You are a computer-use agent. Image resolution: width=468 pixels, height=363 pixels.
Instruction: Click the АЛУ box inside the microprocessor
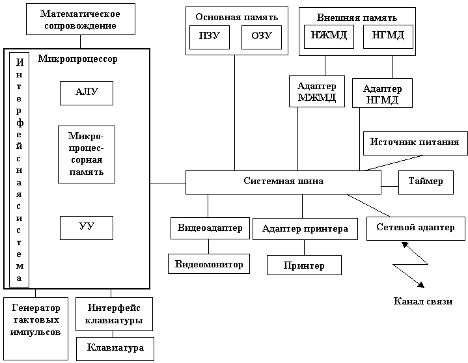pyautogui.click(x=87, y=94)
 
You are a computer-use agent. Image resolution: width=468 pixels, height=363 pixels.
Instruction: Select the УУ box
pyautogui.click(x=87, y=228)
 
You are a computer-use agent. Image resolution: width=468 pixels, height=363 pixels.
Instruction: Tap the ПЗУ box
pyautogui.click(x=210, y=37)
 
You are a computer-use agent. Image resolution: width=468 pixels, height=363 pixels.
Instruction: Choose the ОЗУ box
pyautogui.click(x=262, y=37)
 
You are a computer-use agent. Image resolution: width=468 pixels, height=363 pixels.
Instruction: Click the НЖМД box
pyautogui.click(x=329, y=36)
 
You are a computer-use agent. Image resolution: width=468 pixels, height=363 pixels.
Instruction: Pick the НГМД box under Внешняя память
pyautogui.click(x=388, y=36)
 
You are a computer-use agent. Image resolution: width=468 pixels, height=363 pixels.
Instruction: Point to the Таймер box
pyautogui.click(x=426, y=182)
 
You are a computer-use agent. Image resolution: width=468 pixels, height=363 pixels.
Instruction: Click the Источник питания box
pyautogui.click(x=415, y=144)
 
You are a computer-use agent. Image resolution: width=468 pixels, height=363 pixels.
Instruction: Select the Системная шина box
pyautogui.click(x=284, y=182)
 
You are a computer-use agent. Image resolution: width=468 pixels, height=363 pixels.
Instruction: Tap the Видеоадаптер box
pyautogui.click(x=210, y=228)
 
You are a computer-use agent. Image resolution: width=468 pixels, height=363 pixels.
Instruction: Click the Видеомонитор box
pyautogui.click(x=209, y=263)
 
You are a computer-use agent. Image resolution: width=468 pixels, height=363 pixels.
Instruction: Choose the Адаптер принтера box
pyautogui.click(x=305, y=229)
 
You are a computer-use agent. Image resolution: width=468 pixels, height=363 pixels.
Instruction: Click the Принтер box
pyautogui.click(x=304, y=265)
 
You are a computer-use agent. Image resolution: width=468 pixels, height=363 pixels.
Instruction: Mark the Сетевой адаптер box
pyautogui.click(x=416, y=228)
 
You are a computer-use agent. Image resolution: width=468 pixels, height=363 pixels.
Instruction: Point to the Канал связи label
pyautogui.click(x=423, y=301)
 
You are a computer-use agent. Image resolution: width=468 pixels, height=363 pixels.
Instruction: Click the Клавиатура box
pyautogui.click(x=115, y=349)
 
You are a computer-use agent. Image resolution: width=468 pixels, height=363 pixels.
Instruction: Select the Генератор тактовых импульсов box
pyautogui.click(x=36, y=329)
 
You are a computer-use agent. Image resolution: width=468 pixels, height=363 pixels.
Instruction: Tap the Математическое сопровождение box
pyautogui.click(x=81, y=19)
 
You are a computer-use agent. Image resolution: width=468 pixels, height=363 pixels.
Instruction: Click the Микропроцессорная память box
pyautogui.click(x=87, y=155)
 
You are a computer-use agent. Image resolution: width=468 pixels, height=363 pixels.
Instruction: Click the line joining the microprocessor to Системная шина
pyautogui.click(x=168, y=183)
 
